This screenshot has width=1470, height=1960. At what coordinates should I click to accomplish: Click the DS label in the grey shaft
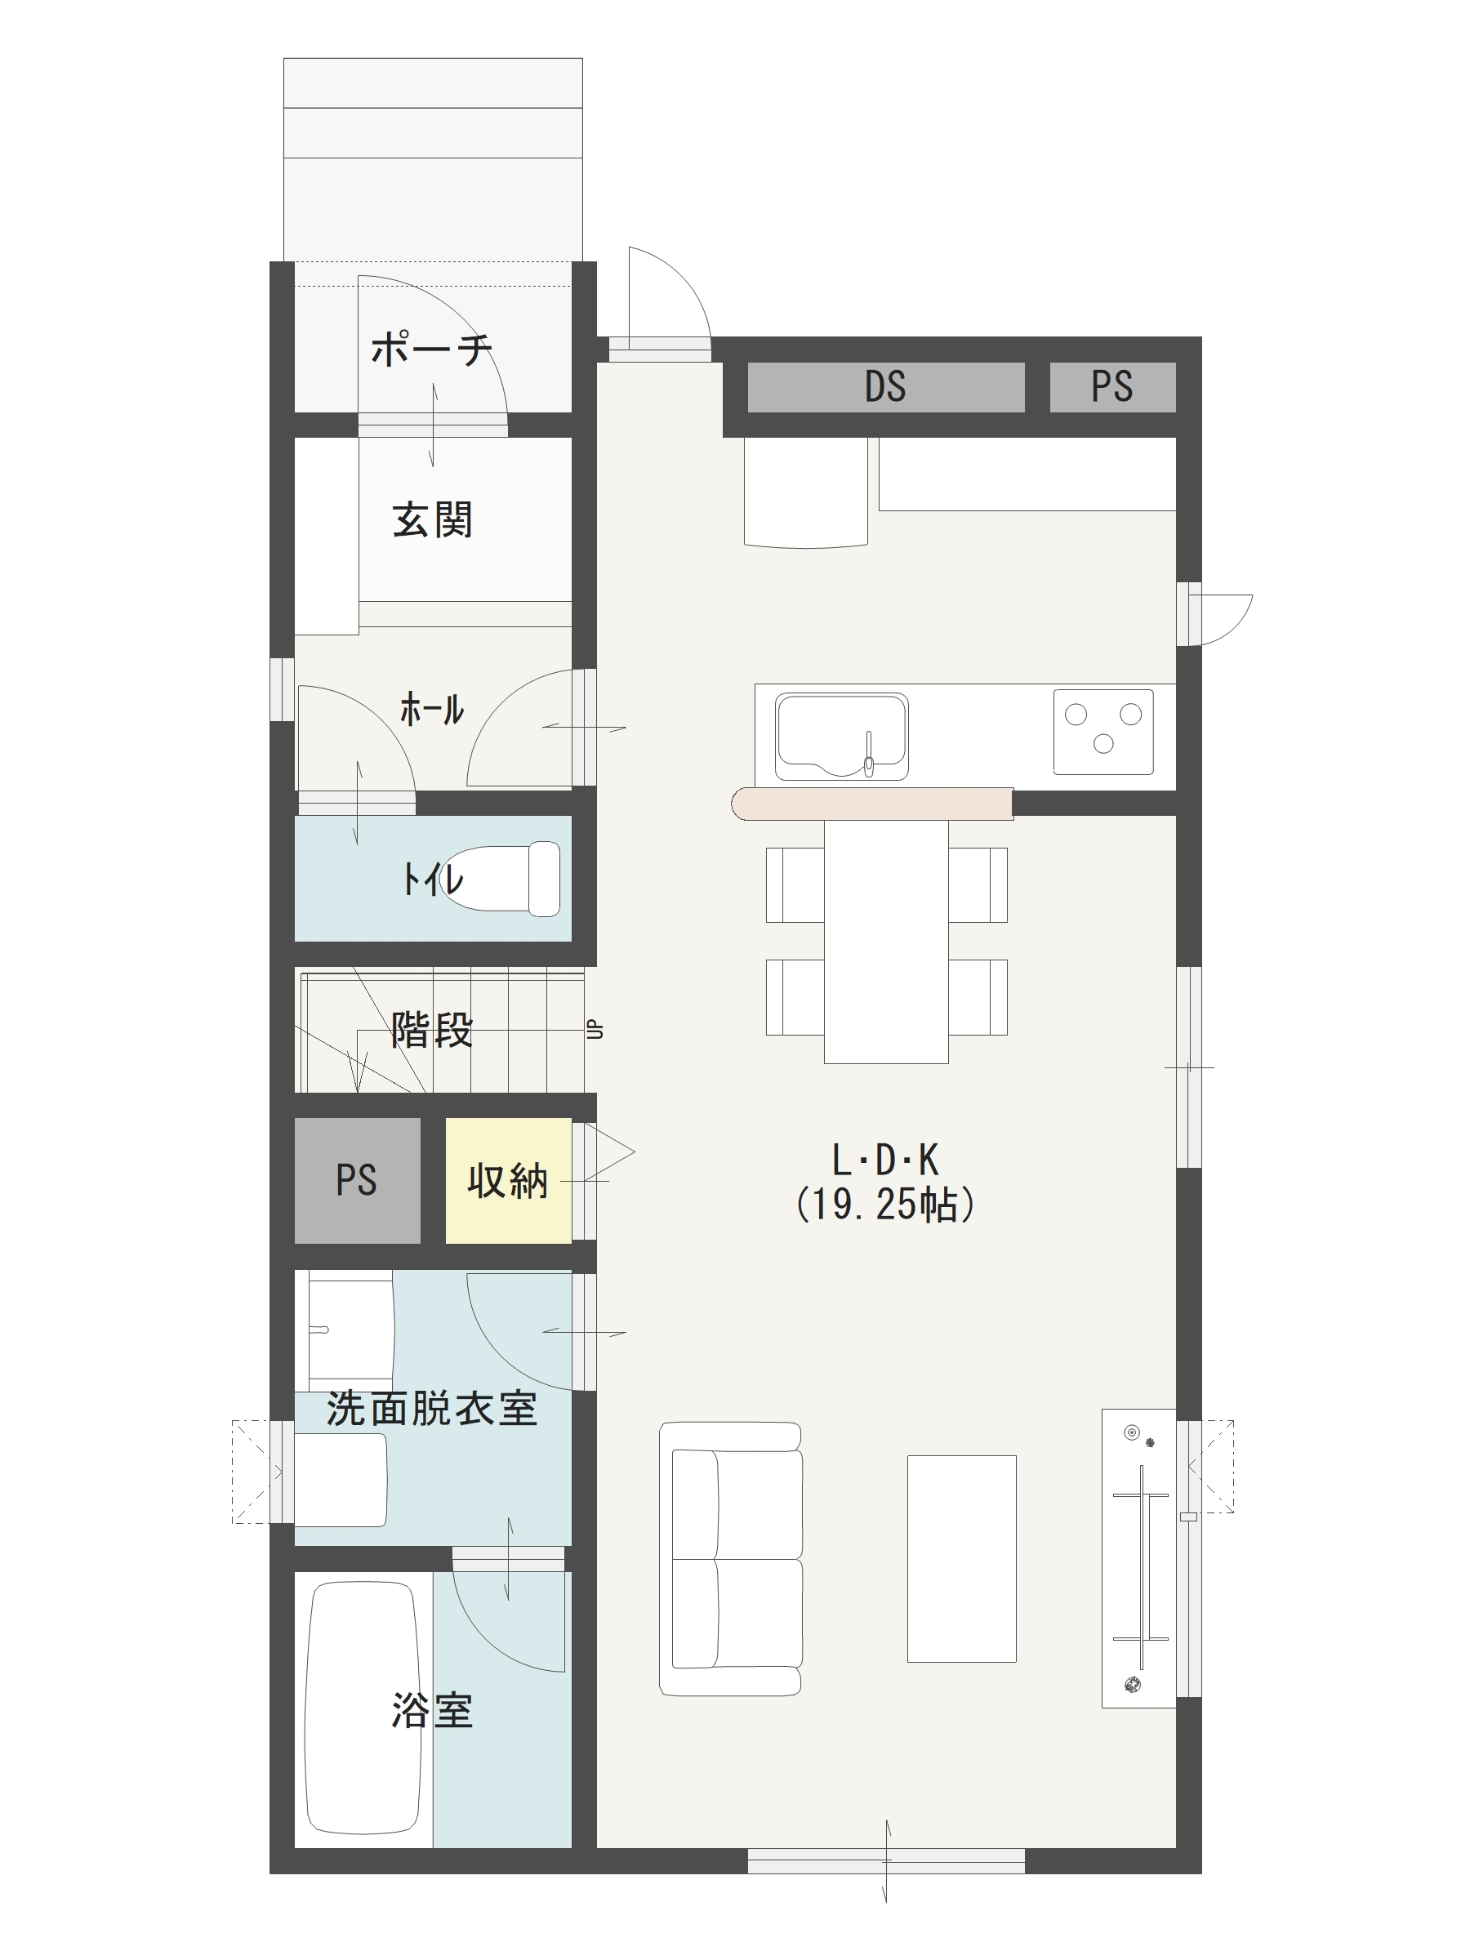point(885,386)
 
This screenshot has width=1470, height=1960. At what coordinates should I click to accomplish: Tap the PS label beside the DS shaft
point(1112,386)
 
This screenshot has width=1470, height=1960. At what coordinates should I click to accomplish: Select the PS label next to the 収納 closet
point(356,1180)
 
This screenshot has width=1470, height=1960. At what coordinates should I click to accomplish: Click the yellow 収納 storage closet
point(508,1180)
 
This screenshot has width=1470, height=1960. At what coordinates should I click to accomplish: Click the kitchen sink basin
point(841,737)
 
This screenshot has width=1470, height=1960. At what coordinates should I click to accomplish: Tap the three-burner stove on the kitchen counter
point(1103,732)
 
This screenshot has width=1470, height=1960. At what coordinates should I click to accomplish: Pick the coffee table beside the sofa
point(961,1558)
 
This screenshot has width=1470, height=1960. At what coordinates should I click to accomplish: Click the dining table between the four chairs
point(886,941)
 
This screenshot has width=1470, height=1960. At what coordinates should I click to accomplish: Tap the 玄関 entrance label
point(432,519)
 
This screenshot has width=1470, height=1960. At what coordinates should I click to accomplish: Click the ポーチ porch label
point(431,349)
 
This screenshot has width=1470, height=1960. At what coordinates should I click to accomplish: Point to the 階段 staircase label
point(432,1030)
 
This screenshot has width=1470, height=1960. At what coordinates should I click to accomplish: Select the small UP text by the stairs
point(595,1030)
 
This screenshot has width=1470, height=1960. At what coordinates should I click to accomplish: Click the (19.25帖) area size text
point(886,1205)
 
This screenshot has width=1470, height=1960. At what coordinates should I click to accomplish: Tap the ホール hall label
point(431,710)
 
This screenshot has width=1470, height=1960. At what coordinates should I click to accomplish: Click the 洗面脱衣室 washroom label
point(431,1409)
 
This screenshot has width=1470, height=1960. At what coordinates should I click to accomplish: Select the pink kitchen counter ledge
point(873,804)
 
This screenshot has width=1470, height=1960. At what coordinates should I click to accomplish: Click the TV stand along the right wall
point(1138,1557)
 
